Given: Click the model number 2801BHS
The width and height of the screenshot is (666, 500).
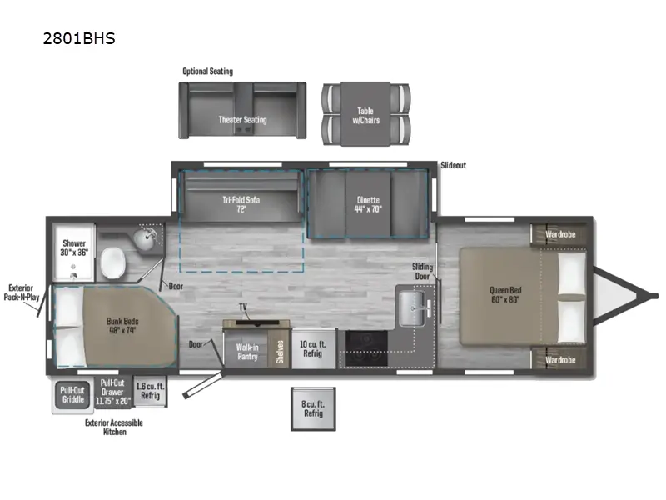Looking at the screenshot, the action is coord(79,38).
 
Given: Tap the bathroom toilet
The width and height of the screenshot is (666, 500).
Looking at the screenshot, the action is coord(113,262).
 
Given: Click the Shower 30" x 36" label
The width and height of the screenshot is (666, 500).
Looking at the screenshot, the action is coord(74,247).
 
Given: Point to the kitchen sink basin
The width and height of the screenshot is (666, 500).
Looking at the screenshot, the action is coord(412,308).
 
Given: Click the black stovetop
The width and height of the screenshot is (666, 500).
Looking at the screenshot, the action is coord(366,348).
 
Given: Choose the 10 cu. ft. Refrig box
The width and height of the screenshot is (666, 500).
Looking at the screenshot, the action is coord(313,348).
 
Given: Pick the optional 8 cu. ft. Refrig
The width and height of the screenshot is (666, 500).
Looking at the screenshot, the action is coord(313,408).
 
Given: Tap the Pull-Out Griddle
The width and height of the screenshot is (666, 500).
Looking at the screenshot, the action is coord(72,394).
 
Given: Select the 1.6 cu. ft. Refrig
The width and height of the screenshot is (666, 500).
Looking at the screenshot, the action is coord(150,391).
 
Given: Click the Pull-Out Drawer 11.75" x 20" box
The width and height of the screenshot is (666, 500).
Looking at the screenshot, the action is coord(113,392).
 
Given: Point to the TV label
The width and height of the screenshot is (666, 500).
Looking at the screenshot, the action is coord(243,307).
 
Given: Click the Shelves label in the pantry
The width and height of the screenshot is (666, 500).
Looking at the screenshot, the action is coord(280,351).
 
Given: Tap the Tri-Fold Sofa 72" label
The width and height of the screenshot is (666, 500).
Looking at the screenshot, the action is coord(241,204).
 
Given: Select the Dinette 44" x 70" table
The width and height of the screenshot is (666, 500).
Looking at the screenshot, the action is coord(368,204).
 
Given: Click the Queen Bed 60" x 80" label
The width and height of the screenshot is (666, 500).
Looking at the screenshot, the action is coord(505,295).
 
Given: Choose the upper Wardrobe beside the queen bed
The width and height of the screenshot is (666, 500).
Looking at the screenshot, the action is coord(559,234).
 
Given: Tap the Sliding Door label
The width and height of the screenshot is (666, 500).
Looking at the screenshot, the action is coord(422,272).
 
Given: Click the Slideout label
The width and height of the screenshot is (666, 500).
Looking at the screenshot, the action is coord(453,165).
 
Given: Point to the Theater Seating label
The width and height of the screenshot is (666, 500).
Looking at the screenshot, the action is coord(242,120).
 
